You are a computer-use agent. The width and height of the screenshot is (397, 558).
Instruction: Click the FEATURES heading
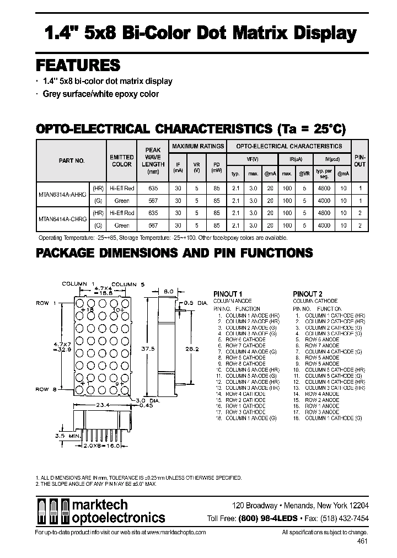(78, 65)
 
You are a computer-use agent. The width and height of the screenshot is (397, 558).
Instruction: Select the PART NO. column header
(71, 160)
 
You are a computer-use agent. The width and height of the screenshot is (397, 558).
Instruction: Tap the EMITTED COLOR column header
(121, 160)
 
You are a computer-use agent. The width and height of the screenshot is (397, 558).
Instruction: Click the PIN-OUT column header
(360, 160)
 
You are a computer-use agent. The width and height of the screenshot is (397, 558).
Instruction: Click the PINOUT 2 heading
(308, 294)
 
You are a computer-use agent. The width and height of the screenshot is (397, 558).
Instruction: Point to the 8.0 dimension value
(169, 291)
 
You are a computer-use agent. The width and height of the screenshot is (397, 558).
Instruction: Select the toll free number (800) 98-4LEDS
(267, 518)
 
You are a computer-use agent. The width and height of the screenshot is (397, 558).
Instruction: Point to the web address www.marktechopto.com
(176, 532)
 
